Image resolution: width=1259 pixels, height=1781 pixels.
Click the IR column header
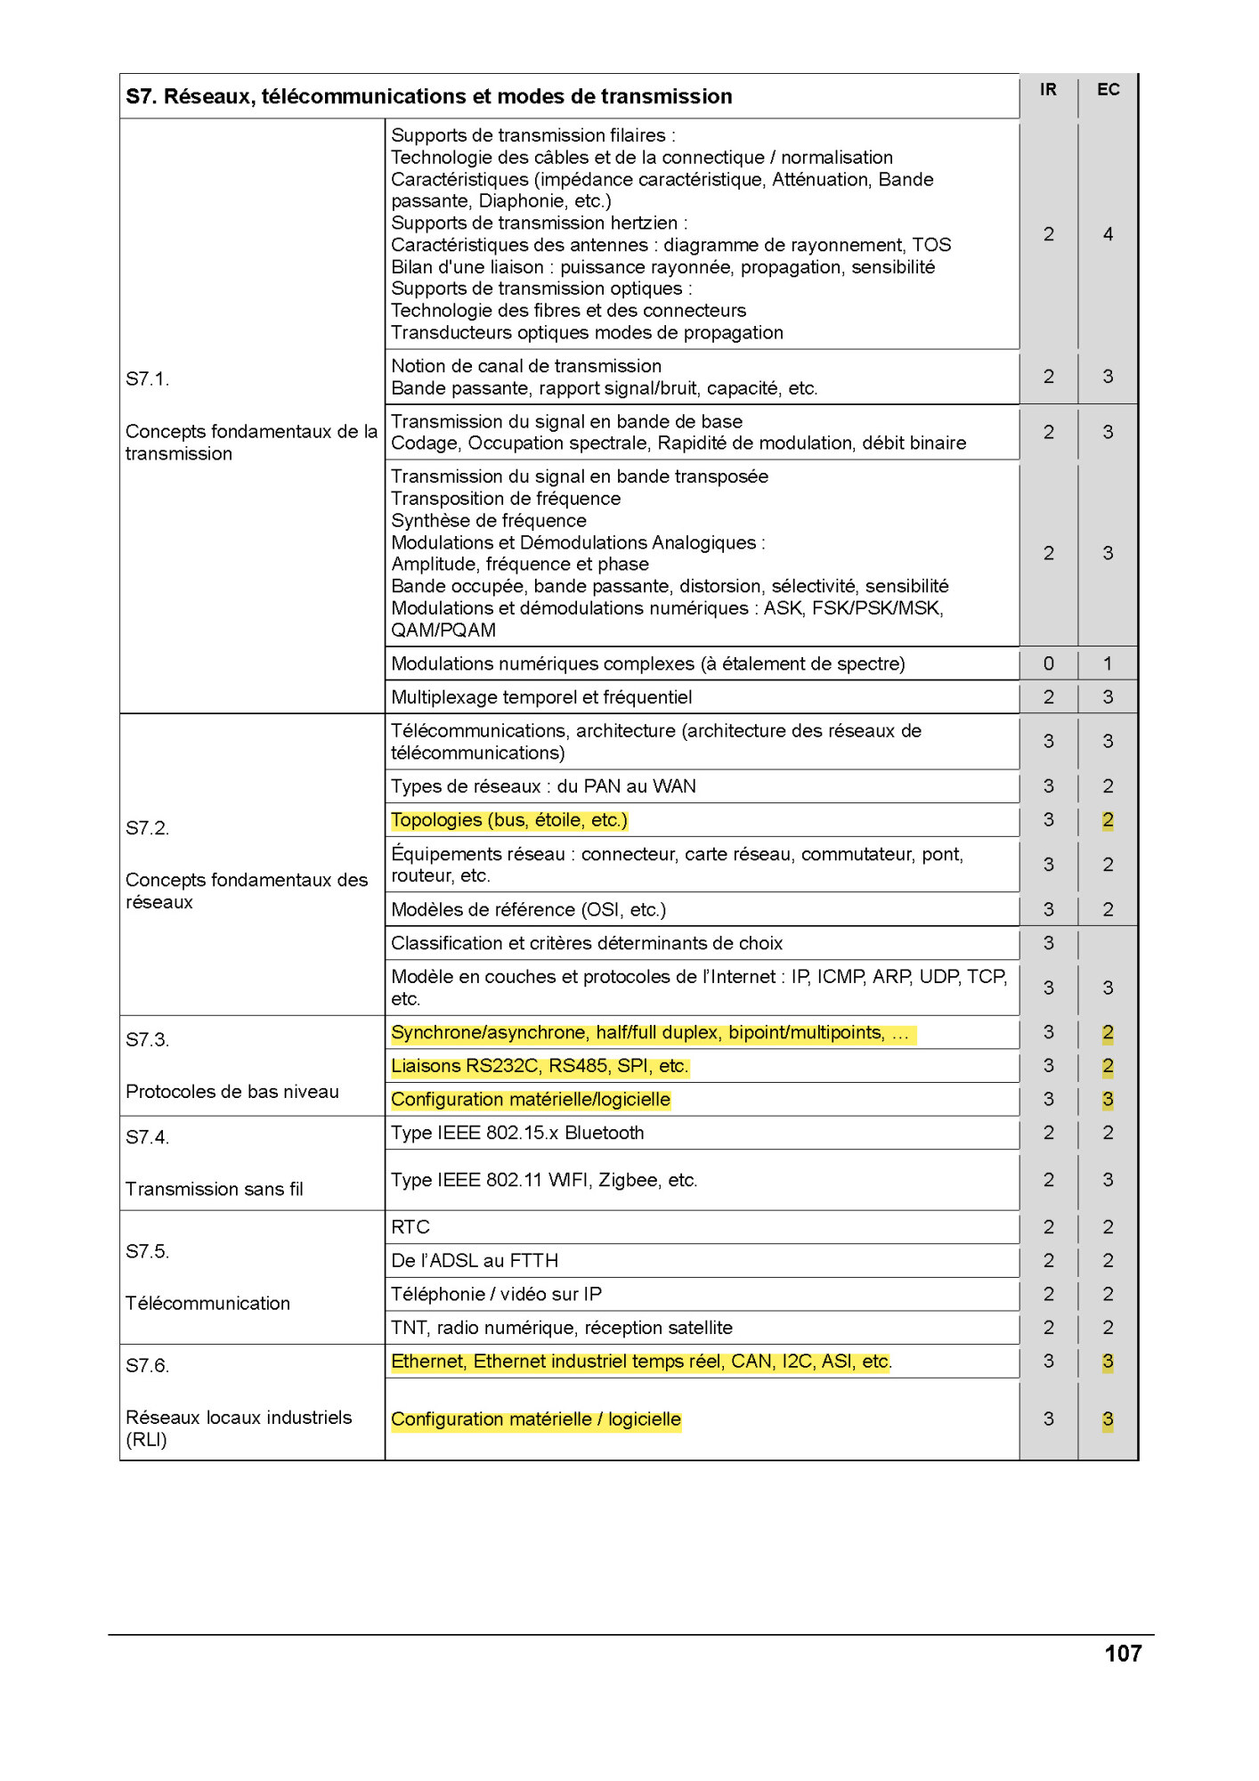pos(1048,90)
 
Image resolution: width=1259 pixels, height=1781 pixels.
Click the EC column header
pos(1108,90)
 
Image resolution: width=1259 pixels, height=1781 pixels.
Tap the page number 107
pos(1122,1654)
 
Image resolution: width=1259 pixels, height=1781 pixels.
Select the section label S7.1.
pos(148,379)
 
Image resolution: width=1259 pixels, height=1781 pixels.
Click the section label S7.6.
pos(148,1366)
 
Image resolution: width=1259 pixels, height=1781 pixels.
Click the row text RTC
pos(410,1228)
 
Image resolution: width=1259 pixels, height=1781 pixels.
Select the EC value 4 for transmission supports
pos(1108,235)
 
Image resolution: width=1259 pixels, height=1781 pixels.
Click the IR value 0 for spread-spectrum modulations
pos(1048,664)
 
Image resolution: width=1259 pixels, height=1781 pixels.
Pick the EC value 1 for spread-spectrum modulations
pos(1108,664)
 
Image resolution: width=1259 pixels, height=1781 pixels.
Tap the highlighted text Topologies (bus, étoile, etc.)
pos(509,821)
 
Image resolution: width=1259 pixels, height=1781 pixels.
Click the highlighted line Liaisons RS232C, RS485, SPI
pos(540,1067)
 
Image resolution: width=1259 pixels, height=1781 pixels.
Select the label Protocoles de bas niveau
pos(232,1093)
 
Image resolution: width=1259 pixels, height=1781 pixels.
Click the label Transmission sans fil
pos(215,1190)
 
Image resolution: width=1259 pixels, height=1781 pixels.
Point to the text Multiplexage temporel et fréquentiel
pos(541,698)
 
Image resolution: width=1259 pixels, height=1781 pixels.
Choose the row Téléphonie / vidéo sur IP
pos(496,1295)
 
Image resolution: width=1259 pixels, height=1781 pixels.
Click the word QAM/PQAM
pos(443,631)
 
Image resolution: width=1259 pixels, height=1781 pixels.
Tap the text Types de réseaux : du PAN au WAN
pos(543,787)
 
